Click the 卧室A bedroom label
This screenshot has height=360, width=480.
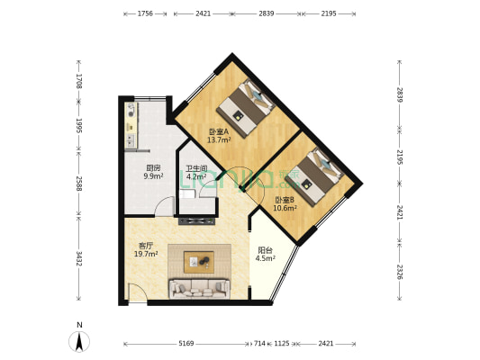[219, 131]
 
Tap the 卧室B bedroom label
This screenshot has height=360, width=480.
[285, 200]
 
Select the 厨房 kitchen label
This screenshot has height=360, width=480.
[153, 168]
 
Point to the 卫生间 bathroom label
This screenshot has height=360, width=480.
[197, 168]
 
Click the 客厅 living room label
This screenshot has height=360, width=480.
[146, 246]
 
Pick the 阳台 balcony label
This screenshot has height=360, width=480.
[265, 250]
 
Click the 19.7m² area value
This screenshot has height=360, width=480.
[146, 254]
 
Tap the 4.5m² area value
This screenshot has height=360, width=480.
[266, 258]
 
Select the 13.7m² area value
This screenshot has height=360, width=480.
[219, 140]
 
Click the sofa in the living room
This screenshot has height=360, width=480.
[200, 288]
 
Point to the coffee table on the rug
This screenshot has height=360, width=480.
[199, 262]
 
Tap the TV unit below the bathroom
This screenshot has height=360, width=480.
[196, 220]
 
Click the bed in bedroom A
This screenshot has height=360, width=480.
[246, 109]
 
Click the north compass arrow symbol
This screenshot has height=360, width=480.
[79, 342]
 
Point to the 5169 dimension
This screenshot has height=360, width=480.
[186, 344]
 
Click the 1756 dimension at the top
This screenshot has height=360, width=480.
[145, 13]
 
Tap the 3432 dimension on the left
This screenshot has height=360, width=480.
[79, 259]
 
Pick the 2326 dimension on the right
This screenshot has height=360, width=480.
[399, 272]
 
